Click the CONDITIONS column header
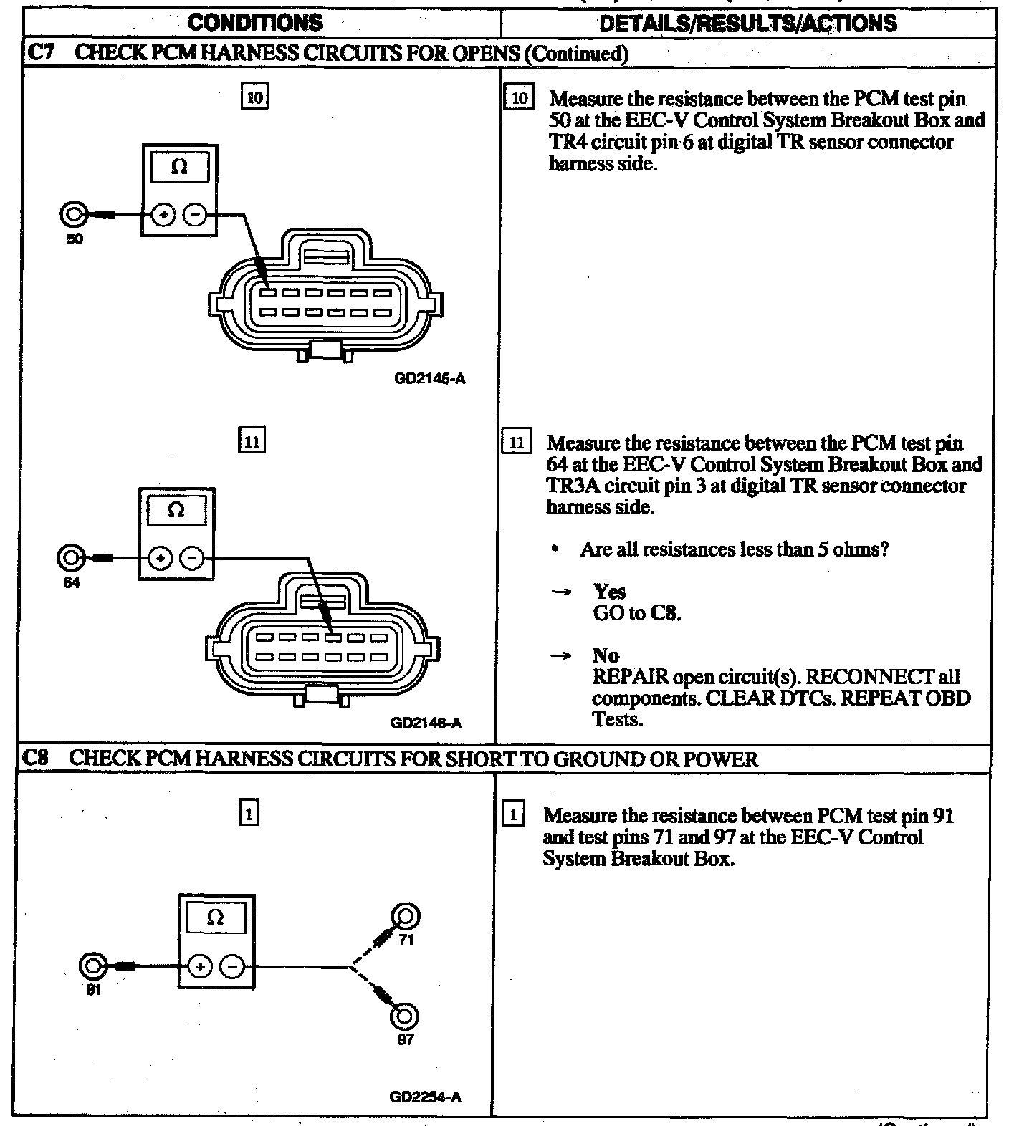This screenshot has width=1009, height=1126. click(255, 22)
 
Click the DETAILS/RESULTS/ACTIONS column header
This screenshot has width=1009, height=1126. click(747, 23)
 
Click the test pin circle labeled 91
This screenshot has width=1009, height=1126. click(92, 966)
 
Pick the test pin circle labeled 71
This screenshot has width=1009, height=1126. click(406, 918)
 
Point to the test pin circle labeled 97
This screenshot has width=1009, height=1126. click(405, 1016)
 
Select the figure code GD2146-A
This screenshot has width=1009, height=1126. click(426, 723)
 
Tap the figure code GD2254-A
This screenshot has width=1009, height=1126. click(426, 1097)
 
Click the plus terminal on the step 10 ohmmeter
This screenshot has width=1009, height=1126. click(164, 214)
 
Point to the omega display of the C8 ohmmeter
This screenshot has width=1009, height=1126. click(215, 918)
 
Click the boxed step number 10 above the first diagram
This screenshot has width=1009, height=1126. click(255, 97)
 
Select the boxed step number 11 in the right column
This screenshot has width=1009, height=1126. click(517, 441)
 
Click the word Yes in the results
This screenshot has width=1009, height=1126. click(609, 592)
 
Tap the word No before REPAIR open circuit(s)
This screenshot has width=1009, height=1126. click(606, 655)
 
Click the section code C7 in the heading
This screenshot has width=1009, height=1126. click(39, 52)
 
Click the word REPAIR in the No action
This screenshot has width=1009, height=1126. click(630, 677)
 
